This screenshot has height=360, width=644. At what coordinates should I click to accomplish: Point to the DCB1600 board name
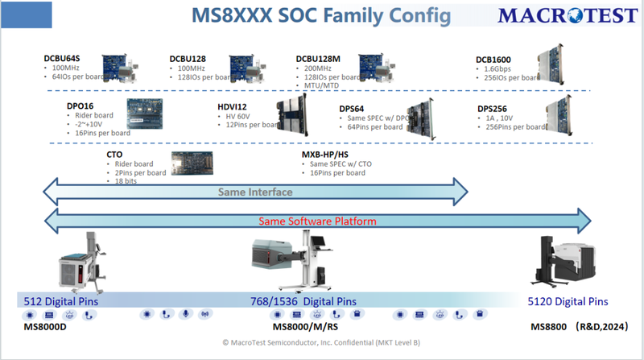click(494, 60)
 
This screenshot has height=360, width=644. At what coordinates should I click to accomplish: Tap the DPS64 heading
click(355, 108)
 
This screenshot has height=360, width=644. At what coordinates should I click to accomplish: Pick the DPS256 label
click(494, 108)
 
